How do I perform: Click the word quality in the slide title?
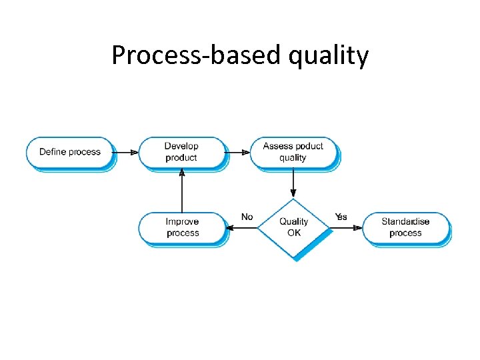point(328,57)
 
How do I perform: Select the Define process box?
point(70,152)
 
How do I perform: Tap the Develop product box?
point(181,152)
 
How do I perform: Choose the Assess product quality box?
point(293,152)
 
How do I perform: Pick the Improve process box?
point(183,227)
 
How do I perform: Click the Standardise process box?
point(405,227)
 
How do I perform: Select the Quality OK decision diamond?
point(293,227)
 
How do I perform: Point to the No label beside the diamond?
point(247,217)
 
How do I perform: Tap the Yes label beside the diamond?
point(341,217)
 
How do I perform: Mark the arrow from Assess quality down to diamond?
point(293,183)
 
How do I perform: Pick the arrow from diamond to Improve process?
point(242,228)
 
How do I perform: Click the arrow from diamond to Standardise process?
point(346,228)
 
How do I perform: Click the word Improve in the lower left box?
point(183,221)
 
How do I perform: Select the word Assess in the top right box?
point(277,146)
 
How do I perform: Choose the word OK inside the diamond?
point(294,233)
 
